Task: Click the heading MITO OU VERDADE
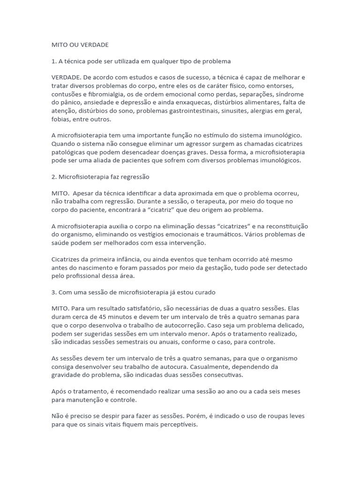click(80, 45)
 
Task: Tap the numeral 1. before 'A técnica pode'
click(53, 61)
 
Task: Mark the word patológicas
click(69, 152)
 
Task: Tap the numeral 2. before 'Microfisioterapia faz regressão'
click(53, 177)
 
